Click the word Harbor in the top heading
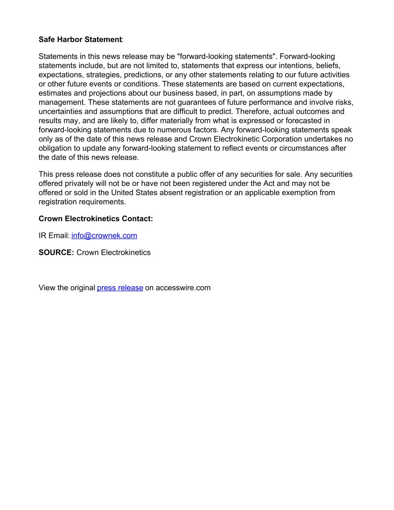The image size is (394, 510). click(69, 40)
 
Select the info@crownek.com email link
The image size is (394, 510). click(104, 236)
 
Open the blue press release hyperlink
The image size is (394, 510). click(120, 288)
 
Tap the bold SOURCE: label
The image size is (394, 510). click(56, 253)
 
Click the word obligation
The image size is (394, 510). click(56, 148)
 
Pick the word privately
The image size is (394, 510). click(79, 183)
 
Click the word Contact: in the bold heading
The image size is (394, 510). click(137, 219)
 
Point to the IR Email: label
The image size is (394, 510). click(54, 236)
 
